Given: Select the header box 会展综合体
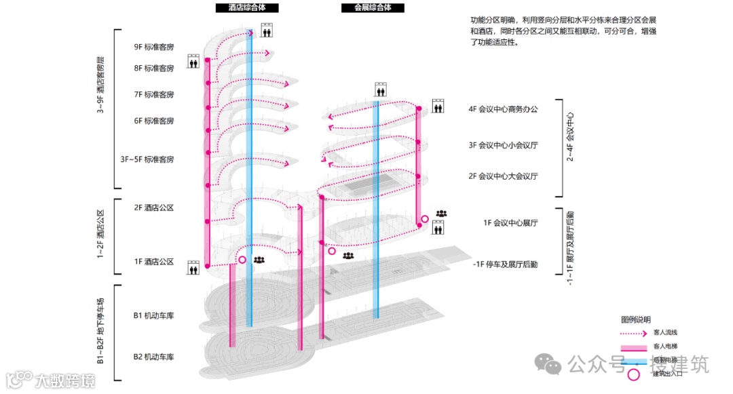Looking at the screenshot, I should pyautogui.click(x=373, y=8).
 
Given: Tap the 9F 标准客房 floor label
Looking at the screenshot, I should pyautogui.click(x=154, y=47).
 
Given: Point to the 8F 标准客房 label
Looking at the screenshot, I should pyautogui.click(x=154, y=68).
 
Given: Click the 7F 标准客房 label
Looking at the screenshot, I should pyautogui.click(x=154, y=94).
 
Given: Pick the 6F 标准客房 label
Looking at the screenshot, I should pyautogui.click(x=154, y=121).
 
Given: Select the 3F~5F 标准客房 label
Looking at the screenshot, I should pyautogui.click(x=147, y=159).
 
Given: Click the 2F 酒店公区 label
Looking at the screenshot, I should pyautogui.click(x=154, y=208).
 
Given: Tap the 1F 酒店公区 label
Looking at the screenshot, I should pyautogui.click(x=154, y=262).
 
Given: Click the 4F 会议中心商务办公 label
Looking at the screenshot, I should pyautogui.click(x=502, y=109).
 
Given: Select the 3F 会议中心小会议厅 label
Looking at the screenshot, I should pyautogui.click(x=502, y=145).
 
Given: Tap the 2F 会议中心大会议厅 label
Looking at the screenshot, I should pyautogui.click(x=502, y=176).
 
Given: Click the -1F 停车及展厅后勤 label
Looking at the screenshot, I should pyautogui.click(x=506, y=264).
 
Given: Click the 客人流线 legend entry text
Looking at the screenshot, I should pyautogui.click(x=665, y=332).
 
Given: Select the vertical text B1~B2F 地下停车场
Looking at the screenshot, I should pyautogui.click(x=100, y=331).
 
